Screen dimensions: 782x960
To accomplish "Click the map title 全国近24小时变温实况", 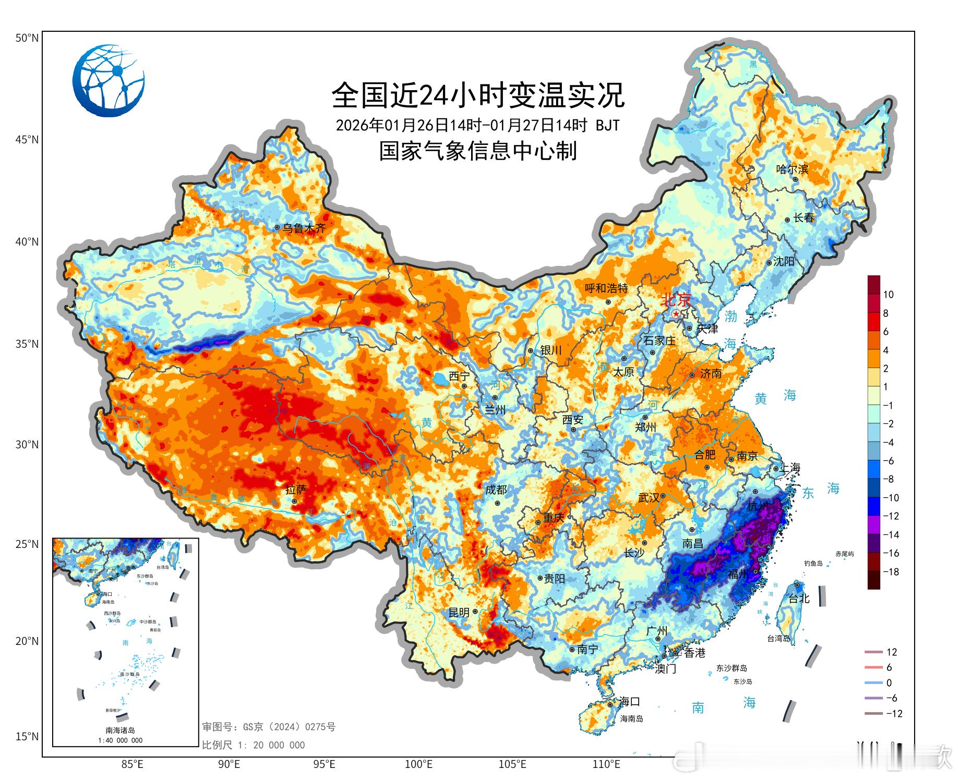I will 478,95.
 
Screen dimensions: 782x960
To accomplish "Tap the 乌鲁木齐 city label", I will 304,228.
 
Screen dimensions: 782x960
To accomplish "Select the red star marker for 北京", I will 676,314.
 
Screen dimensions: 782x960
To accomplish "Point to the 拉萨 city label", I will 296,490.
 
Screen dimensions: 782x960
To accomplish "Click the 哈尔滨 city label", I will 792,169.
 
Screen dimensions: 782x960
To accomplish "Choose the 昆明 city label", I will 459,613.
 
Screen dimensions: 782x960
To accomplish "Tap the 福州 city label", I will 738,574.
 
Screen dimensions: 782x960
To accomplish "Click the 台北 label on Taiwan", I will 799,598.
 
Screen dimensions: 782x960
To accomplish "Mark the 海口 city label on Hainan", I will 629,701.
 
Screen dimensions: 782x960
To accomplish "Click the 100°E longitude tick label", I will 418,765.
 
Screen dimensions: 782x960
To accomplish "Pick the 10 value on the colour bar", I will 888,295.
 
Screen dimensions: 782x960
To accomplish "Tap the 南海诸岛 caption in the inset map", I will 120,730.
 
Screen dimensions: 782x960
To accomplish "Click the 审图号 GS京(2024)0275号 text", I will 269,727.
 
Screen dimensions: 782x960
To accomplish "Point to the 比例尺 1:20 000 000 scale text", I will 254,745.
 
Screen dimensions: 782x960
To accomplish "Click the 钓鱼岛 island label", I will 813,563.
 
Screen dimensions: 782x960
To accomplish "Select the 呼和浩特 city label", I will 606,288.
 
